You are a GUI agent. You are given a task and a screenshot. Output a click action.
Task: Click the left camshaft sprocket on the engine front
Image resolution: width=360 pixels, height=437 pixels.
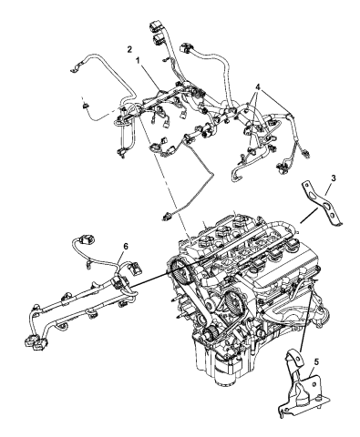[x=181, y=273]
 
